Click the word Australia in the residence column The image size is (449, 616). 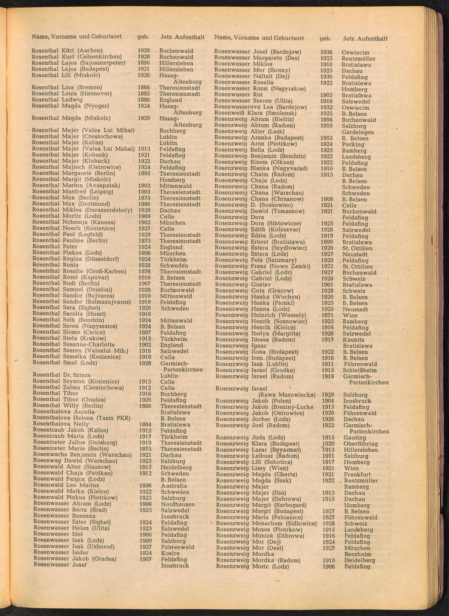point(174,486)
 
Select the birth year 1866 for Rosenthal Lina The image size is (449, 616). point(144,87)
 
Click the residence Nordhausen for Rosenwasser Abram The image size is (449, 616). point(178,504)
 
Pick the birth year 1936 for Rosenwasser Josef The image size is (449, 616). point(326,52)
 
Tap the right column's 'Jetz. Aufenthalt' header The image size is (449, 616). point(365,39)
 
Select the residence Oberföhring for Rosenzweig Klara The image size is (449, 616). point(361,443)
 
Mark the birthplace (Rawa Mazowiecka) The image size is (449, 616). point(287,395)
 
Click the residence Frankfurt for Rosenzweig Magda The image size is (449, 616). point(357,474)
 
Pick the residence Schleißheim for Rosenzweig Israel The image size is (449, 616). point(360,370)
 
